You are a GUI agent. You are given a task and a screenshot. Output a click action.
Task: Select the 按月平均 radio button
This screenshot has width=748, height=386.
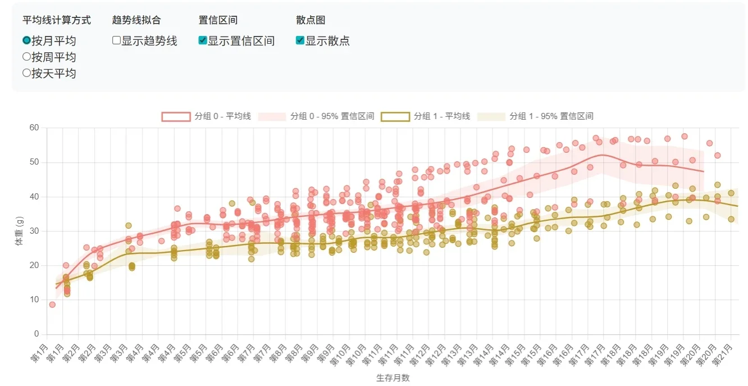[26, 40]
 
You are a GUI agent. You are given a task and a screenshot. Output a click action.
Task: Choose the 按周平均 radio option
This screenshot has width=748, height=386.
[26, 57]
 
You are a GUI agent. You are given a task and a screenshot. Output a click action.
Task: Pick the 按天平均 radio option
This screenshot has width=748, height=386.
[26, 73]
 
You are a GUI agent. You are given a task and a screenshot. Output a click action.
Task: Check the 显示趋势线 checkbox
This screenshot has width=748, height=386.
[117, 40]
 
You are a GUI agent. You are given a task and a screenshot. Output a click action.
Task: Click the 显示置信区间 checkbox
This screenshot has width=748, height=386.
[203, 40]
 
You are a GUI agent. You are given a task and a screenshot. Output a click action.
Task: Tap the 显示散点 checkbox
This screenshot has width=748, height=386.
[300, 40]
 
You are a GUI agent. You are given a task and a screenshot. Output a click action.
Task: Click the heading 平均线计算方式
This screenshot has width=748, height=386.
[56, 20]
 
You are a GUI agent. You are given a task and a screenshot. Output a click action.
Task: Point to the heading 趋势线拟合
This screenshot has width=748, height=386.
[136, 20]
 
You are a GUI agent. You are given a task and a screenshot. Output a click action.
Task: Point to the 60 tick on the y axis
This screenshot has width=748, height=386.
[34, 128]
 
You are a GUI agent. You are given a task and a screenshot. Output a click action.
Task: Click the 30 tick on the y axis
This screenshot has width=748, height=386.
[34, 231]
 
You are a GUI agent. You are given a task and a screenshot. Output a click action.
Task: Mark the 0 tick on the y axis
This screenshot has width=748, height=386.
[36, 334]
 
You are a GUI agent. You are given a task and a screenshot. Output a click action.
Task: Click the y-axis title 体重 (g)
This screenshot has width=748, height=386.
[19, 231]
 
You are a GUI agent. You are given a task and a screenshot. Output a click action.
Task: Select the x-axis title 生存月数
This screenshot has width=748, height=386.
[393, 378]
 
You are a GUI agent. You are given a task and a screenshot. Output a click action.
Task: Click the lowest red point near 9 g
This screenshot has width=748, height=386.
[52, 305]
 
